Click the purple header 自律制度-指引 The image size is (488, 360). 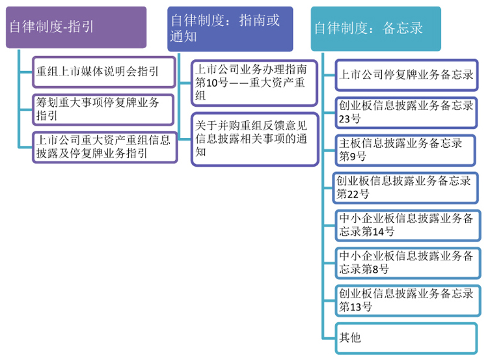(76, 27)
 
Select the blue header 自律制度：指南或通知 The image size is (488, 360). (230, 29)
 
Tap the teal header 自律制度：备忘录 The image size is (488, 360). (376, 29)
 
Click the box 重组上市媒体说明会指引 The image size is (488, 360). (104, 72)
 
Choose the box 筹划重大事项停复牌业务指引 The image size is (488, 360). (103, 109)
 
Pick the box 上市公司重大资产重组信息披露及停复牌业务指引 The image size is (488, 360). (105, 147)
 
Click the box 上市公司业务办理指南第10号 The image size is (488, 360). (254, 83)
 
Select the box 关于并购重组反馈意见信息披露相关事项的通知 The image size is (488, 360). (255, 139)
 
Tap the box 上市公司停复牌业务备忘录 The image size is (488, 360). (407, 75)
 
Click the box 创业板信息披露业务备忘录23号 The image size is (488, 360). (406, 113)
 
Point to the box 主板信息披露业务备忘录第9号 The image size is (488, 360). (405, 150)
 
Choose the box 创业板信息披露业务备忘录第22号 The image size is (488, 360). (405, 187)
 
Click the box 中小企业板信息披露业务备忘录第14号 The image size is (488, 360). (408, 225)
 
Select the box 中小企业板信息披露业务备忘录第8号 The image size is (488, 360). (408, 263)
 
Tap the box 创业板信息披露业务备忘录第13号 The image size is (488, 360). (408, 301)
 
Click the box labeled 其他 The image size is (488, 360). (406, 339)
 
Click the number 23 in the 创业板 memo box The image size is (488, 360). (344, 119)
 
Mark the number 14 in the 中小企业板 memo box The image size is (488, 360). (379, 232)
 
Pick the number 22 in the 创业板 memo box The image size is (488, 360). (353, 194)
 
